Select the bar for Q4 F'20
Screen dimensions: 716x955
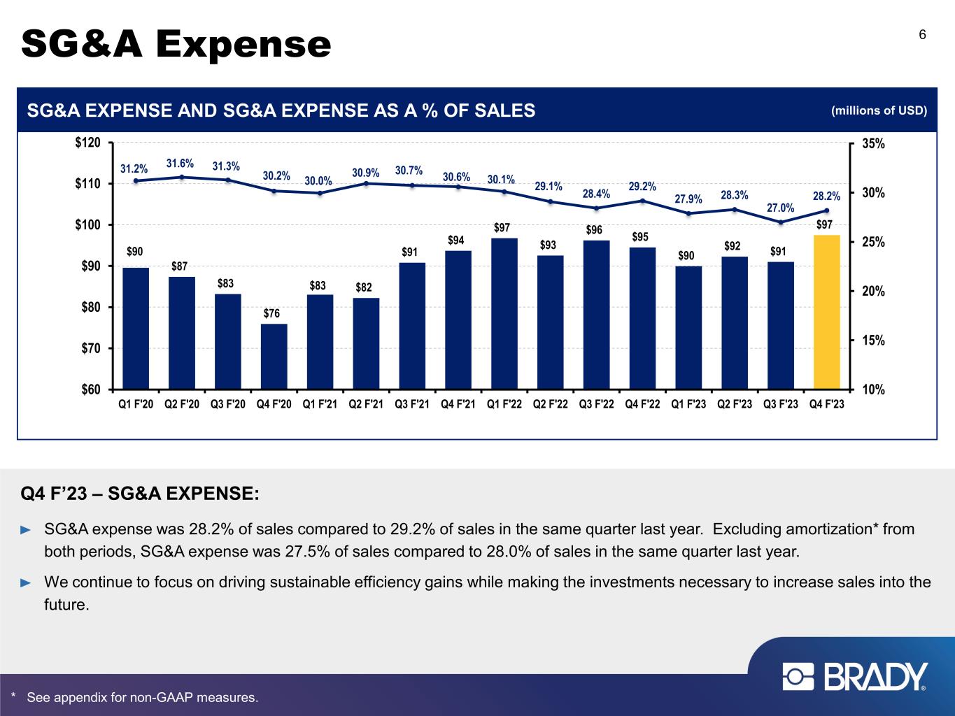tap(274, 356)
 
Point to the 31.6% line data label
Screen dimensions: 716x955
tap(180, 163)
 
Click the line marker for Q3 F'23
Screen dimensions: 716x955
tap(781, 222)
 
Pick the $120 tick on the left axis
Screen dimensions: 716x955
tap(88, 143)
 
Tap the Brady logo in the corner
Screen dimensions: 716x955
tap(855, 677)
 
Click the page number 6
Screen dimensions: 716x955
tap(923, 36)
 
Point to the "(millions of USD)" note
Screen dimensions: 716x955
tap(879, 110)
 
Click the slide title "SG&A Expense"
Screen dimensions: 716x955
tap(176, 44)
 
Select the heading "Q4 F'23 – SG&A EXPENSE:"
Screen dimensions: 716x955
tap(140, 494)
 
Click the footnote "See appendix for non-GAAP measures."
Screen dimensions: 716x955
tap(142, 698)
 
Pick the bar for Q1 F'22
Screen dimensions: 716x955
tap(504, 313)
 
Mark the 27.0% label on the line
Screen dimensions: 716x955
tap(781, 207)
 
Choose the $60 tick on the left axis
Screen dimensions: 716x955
tap(88, 389)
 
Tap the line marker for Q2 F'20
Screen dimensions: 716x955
tap(182, 177)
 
